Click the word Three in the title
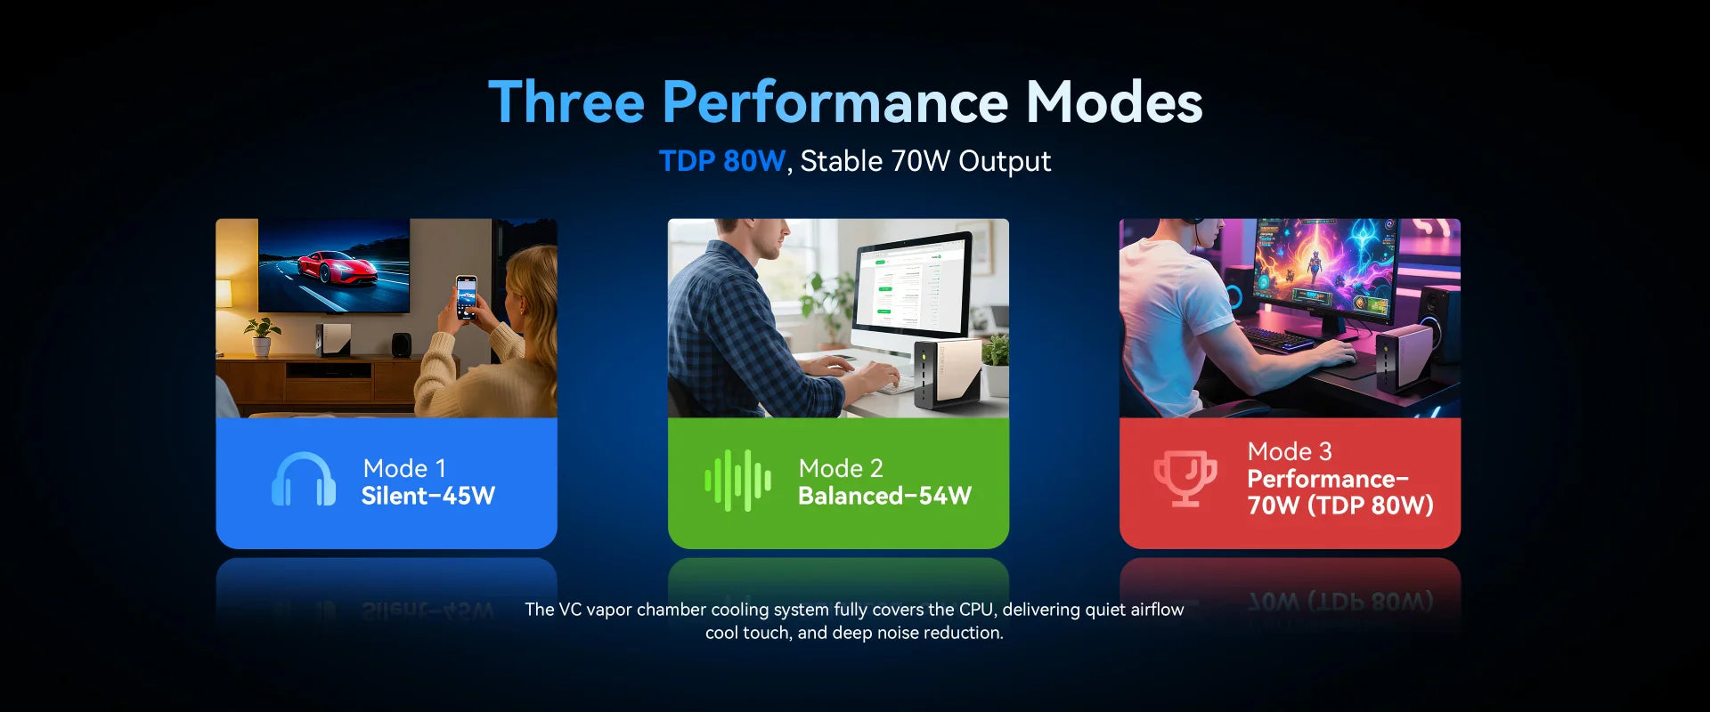click(x=566, y=101)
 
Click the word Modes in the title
click(x=1114, y=101)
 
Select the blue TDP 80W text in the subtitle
click(x=722, y=161)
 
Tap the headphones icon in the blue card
click(x=304, y=480)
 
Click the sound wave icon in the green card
click(x=738, y=481)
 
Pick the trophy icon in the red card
click(x=1185, y=478)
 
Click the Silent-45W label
click(x=428, y=496)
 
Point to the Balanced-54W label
click(x=884, y=496)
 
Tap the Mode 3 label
click(x=1290, y=451)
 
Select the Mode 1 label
click(x=404, y=468)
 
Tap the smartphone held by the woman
click(x=467, y=297)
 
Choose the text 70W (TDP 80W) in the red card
click(x=1340, y=506)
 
